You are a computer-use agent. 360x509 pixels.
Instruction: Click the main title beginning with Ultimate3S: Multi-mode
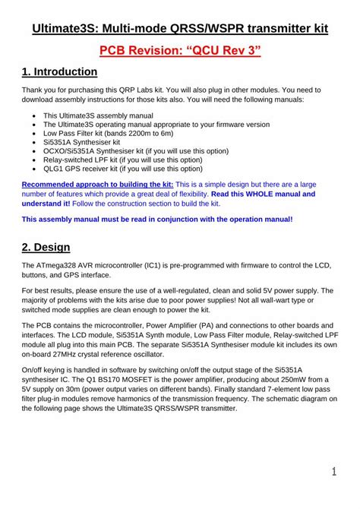[x=180, y=29]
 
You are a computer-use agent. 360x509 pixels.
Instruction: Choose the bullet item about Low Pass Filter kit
[x=117, y=133]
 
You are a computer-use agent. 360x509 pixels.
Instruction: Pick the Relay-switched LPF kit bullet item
[x=122, y=160]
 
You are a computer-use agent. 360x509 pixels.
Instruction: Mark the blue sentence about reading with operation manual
[x=156, y=219]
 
